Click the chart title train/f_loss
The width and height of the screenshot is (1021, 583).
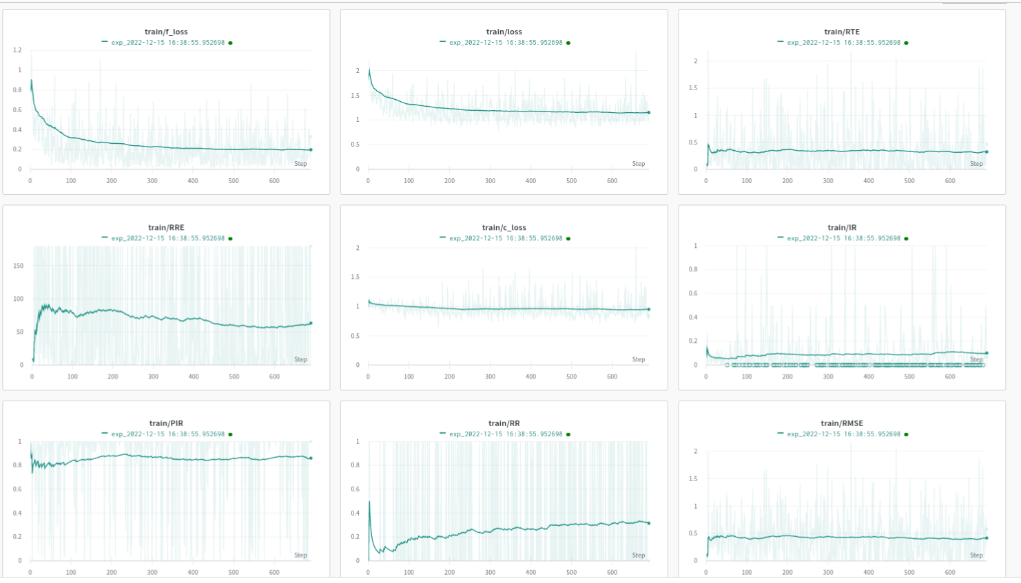[166, 32]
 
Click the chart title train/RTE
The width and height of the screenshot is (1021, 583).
[842, 32]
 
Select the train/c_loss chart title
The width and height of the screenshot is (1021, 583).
[504, 227]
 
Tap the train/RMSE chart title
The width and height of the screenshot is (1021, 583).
[842, 423]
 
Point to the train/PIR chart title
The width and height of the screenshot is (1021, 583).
[166, 423]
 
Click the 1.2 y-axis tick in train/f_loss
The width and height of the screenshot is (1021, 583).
[17, 50]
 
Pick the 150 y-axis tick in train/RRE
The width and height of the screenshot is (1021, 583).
[19, 266]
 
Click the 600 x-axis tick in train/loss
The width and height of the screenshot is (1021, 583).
[612, 181]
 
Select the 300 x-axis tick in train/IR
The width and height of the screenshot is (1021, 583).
[828, 377]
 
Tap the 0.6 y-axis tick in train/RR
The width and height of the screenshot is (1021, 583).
[355, 489]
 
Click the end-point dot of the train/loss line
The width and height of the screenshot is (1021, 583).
[648, 112]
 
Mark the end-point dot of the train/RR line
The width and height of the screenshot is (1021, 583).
[648, 523]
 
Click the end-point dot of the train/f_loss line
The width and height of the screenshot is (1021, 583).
[311, 149]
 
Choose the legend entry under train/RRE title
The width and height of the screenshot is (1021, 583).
[167, 238]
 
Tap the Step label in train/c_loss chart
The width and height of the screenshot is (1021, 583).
[639, 359]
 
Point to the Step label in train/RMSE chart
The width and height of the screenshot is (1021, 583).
[976, 555]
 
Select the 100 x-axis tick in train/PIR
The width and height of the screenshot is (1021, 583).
[71, 572]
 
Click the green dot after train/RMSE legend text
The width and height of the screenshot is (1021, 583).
[906, 434]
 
